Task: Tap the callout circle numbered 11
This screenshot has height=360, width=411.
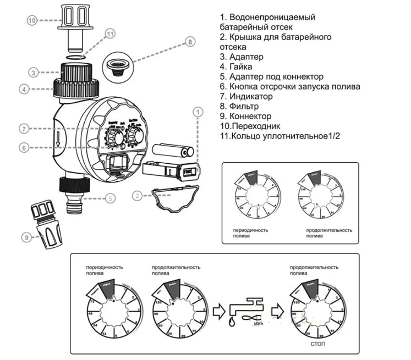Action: (x=110, y=34)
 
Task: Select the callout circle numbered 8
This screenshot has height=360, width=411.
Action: (x=190, y=41)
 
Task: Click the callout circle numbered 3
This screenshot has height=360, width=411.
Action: (x=33, y=72)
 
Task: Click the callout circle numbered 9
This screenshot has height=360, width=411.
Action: (x=25, y=237)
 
